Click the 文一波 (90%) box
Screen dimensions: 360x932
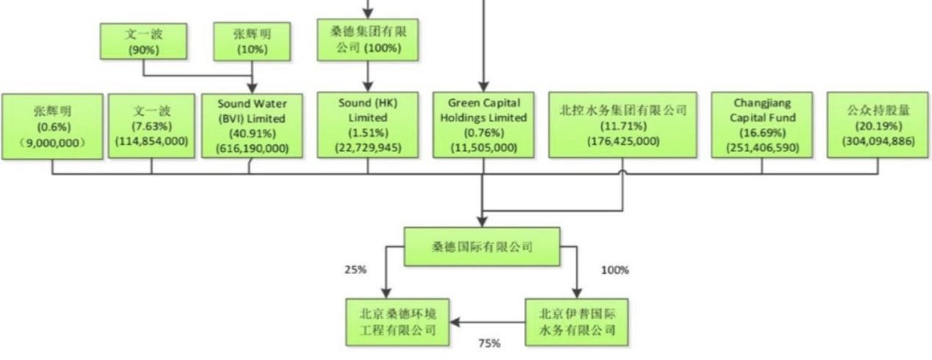coord(143,41)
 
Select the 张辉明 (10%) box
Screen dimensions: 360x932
coord(252,41)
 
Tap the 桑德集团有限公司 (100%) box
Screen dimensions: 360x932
coord(368,40)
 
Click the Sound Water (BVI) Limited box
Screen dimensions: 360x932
coord(251,126)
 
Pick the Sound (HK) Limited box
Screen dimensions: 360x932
coord(368,124)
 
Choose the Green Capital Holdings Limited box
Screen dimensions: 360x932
coord(484,124)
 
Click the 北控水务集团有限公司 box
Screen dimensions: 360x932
coord(623,124)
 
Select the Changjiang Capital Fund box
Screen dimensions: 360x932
coord(761,124)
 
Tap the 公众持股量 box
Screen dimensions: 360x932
coord(878,124)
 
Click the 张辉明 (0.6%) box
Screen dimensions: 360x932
coord(52,126)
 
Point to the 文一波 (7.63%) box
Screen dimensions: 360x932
coord(151,126)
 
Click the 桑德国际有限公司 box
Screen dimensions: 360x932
coord(482,246)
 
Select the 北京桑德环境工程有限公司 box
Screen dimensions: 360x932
coord(398,321)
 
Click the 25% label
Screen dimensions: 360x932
coord(354,270)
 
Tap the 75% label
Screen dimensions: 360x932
coord(489,343)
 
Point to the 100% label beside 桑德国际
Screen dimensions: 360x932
coord(614,270)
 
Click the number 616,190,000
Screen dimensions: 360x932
coord(251,148)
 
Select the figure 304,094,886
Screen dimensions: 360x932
coord(878,141)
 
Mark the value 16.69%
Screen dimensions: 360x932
coord(761,133)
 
